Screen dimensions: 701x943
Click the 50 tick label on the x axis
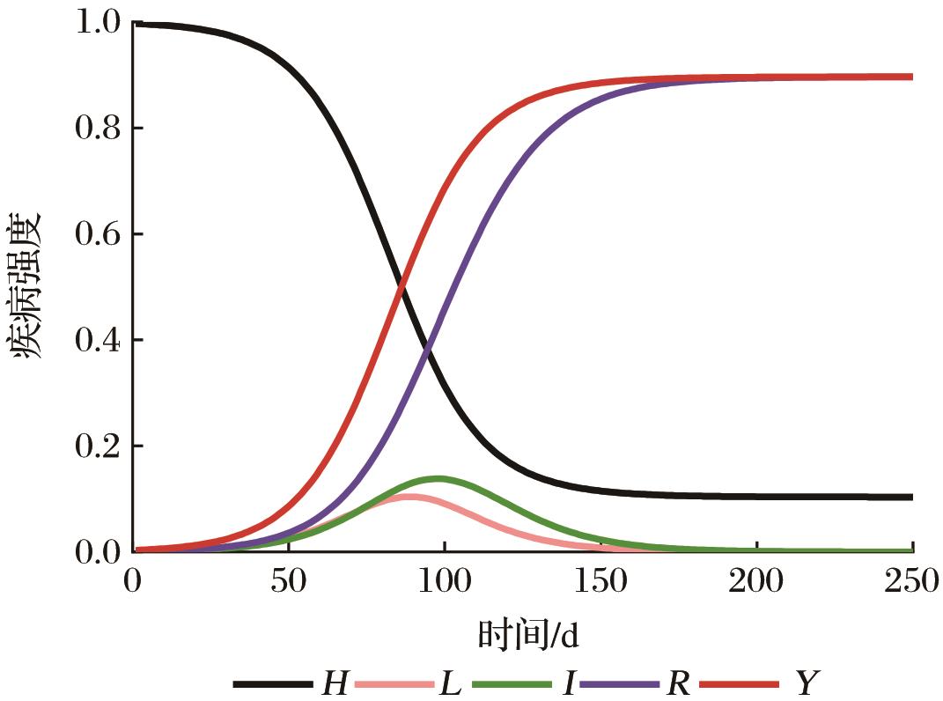289,584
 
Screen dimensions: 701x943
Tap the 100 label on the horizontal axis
444,584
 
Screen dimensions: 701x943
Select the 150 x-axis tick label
600,584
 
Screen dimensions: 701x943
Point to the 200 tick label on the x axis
756,584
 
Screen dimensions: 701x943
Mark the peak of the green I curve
438,478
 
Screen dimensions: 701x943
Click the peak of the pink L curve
409,497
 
